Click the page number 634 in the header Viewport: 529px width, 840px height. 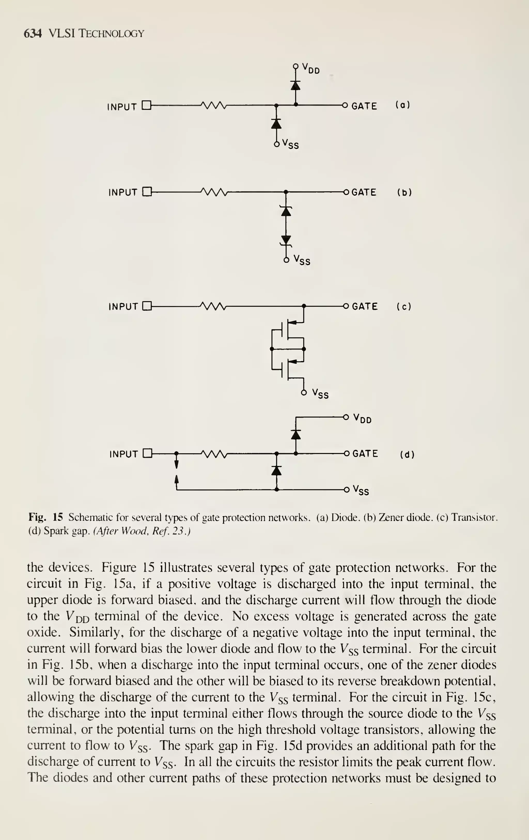[33, 34]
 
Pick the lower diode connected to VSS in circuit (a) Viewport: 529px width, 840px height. [276, 123]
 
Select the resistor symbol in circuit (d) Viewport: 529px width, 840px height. [214, 454]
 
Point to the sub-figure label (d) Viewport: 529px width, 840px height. [407, 455]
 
